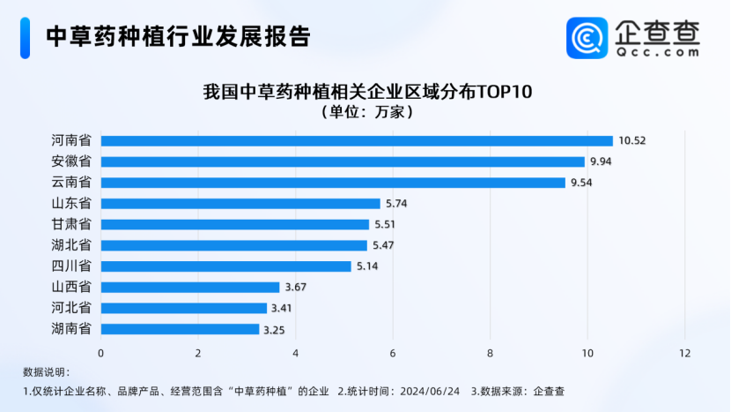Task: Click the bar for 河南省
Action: click(357, 141)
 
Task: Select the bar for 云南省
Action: click(333, 183)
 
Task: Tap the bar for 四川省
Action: click(226, 266)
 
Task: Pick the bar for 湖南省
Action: click(180, 329)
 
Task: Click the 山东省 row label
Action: click(71, 204)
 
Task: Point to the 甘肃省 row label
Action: click(71, 224)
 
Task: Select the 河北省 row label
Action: click(71, 308)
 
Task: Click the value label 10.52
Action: click(632, 141)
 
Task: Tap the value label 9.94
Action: click(602, 162)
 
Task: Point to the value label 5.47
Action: click(384, 245)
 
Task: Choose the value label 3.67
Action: click(296, 288)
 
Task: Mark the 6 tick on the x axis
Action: click(393, 354)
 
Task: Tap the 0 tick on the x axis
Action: click(101, 354)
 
